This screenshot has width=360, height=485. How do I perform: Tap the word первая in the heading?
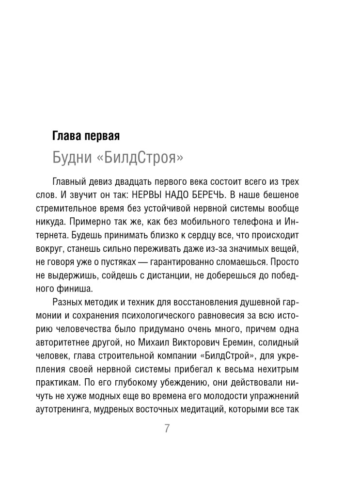[102, 136]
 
